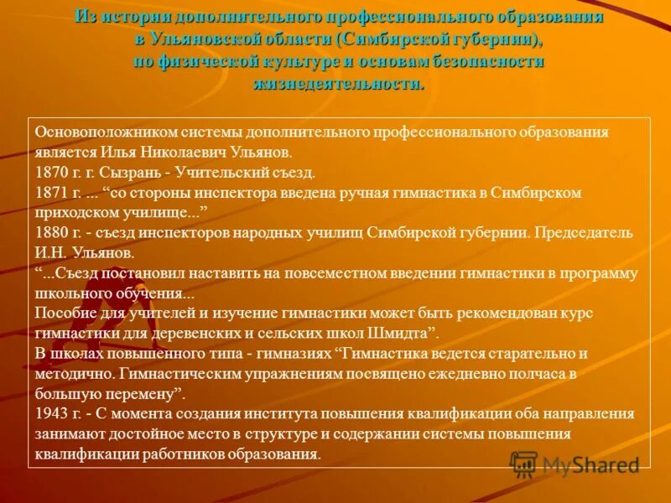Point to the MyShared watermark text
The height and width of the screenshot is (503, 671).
pyautogui.click(x=591, y=464)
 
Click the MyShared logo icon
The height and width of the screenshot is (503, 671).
pyautogui.click(x=524, y=464)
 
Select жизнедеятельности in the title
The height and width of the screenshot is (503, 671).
pyautogui.click(x=339, y=84)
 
